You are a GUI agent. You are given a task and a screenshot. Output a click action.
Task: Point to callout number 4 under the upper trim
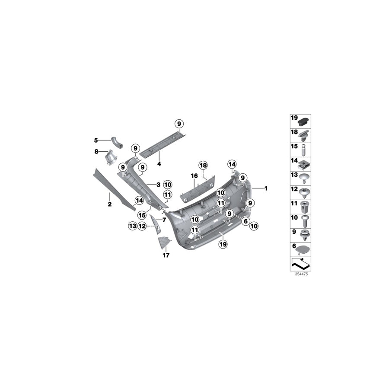[x=159, y=164]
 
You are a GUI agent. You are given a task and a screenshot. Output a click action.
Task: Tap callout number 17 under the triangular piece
[x=166, y=255]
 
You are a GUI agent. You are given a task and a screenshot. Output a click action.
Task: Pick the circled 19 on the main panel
[x=223, y=245]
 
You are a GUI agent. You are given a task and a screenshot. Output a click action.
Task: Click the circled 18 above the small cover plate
[x=203, y=165]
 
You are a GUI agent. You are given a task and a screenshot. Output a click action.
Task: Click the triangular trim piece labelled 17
[x=164, y=242]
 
